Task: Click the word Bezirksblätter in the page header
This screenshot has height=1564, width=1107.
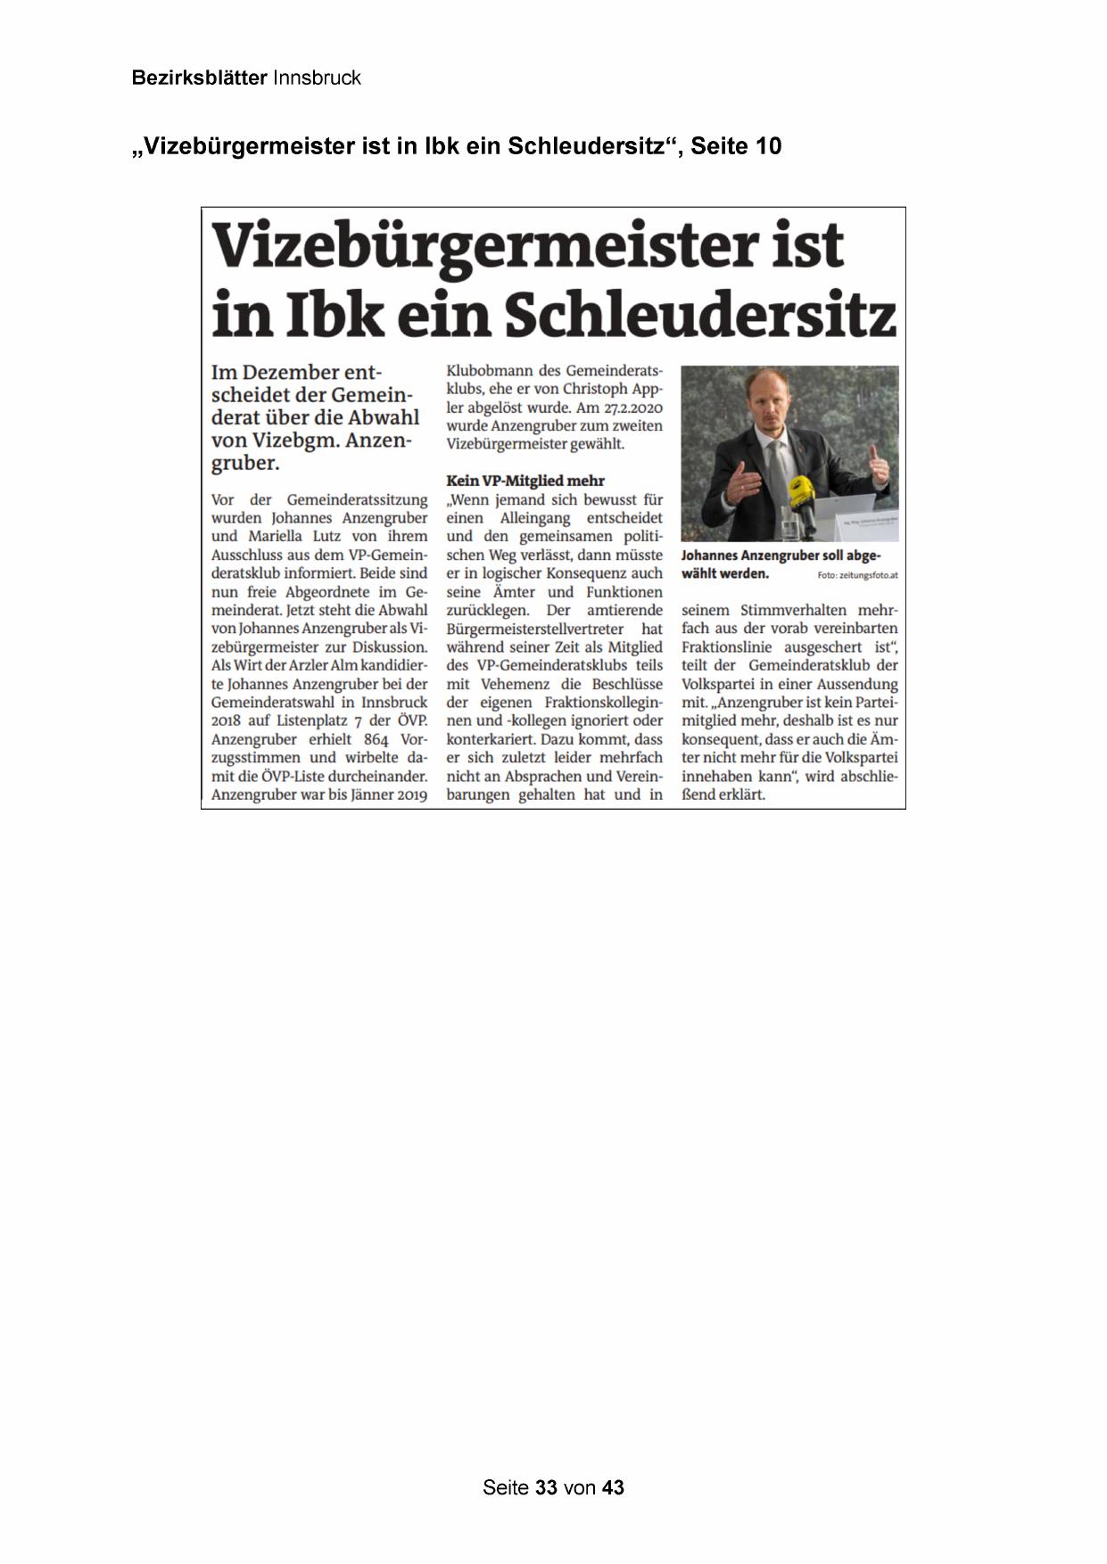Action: click(x=198, y=78)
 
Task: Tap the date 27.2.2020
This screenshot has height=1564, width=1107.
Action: click(x=625, y=407)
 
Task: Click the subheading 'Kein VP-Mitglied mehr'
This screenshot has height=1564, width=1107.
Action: click(x=525, y=481)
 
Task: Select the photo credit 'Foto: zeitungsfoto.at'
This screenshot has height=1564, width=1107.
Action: click(x=856, y=575)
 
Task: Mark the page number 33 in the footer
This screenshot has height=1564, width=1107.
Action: click(x=547, y=1487)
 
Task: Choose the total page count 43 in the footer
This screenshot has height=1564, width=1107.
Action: click(x=613, y=1487)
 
